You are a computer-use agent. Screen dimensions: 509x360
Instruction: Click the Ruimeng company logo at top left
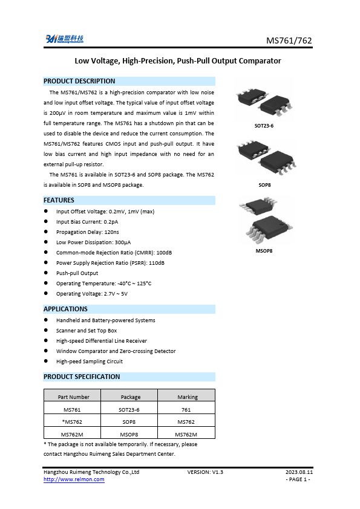click(x=64, y=39)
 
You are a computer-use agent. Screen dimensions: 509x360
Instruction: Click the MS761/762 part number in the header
click(x=289, y=41)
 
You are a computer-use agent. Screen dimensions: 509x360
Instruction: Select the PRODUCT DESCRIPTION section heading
click(x=79, y=81)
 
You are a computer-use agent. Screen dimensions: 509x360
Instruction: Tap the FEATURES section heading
click(x=59, y=200)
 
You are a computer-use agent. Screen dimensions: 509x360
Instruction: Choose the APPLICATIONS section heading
click(x=66, y=309)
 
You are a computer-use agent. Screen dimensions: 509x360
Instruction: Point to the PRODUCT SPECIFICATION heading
click(x=82, y=377)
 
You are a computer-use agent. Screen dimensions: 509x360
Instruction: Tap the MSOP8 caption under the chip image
click(x=264, y=250)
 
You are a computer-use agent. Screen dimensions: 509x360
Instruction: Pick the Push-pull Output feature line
click(x=77, y=273)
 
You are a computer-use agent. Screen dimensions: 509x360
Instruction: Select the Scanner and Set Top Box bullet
click(x=87, y=331)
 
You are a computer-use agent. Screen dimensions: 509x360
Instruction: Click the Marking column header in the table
click(x=188, y=397)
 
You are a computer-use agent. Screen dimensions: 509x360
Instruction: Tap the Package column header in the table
click(x=131, y=397)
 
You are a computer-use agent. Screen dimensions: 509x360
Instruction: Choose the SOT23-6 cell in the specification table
click(x=131, y=410)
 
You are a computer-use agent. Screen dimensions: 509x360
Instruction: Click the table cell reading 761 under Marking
click(x=188, y=410)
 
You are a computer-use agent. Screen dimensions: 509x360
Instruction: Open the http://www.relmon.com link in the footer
click(x=74, y=479)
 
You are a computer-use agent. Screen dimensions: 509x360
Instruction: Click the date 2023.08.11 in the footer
click(x=299, y=472)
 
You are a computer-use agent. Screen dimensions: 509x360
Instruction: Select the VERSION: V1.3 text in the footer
click(x=205, y=472)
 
